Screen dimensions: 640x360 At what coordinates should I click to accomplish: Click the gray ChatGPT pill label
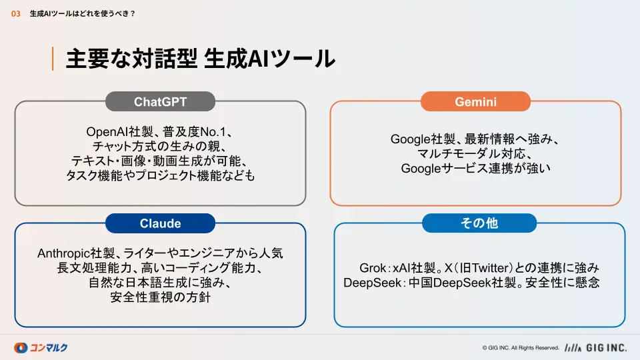pyautogui.click(x=160, y=101)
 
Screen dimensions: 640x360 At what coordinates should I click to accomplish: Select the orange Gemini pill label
pyautogui.click(x=475, y=101)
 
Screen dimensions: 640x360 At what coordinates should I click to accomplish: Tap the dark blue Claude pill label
pyautogui.click(x=160, y=223)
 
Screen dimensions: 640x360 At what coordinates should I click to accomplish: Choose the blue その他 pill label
pyautogui.click(x=479, y=223)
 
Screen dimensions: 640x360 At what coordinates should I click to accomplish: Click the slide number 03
pyautogui.click(x=15, y=14)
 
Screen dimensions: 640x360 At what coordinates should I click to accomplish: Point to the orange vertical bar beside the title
pyautogui.click(x=53, y=59)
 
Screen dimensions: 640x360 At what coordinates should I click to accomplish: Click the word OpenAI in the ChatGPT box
pyautogui.click(x=107, y=132)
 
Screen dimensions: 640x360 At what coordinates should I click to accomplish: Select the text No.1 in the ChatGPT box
pyautogui.click(x=213, y=132)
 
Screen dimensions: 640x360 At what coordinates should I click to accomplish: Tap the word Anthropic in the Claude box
pyautogui.click(x=64, y=253)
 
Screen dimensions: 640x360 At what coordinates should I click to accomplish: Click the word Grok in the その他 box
pyautogui.click(x=373, y=268)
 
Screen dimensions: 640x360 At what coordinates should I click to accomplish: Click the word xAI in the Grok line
pyautogui.click(x=401, y=268)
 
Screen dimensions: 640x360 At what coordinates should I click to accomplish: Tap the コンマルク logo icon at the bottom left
pyautogui.click(x=21, y=348)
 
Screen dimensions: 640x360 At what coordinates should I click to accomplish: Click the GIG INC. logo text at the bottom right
pyautogui.click(x=606, y=348)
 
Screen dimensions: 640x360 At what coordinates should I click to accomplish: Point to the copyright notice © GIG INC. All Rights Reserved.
pyautogui.click(x=521, y=348)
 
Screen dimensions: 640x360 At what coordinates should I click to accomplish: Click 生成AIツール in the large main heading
pyautogui.click(x=269, y=59)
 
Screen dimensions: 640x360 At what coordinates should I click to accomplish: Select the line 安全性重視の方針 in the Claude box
pyautogui.click(x=160, y=297)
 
